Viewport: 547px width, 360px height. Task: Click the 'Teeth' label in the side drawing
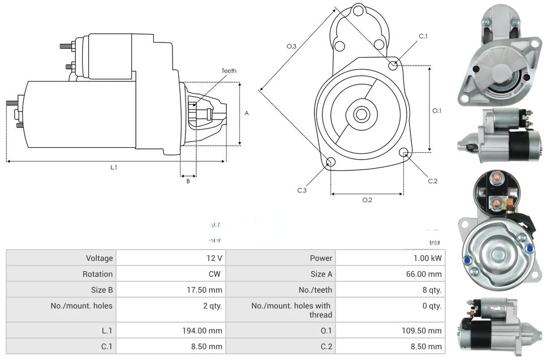(x=229, y=71)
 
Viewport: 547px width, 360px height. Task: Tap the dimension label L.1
(x=114, y=167)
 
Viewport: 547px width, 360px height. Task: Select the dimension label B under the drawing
(x=188, y=181)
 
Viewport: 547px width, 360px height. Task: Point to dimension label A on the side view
(x=247, y=113)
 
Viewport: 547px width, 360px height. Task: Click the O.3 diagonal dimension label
(x=291, y=46)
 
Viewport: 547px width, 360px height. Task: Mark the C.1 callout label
(x=423, y=36)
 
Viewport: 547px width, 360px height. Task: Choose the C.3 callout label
(x=302, y=191)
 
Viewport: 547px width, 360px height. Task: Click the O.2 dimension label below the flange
(x=367, y=200)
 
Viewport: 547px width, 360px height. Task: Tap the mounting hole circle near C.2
(x=404, y=152)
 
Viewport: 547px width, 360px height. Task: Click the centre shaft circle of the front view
(x=360, y=114)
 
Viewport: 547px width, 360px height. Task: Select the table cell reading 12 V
(x=214, y=258)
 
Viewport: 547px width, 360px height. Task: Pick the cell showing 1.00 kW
(x=428, y=258)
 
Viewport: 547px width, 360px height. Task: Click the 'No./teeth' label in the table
(x=316, y=290)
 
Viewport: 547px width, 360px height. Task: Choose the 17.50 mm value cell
(x=206, y=290)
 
